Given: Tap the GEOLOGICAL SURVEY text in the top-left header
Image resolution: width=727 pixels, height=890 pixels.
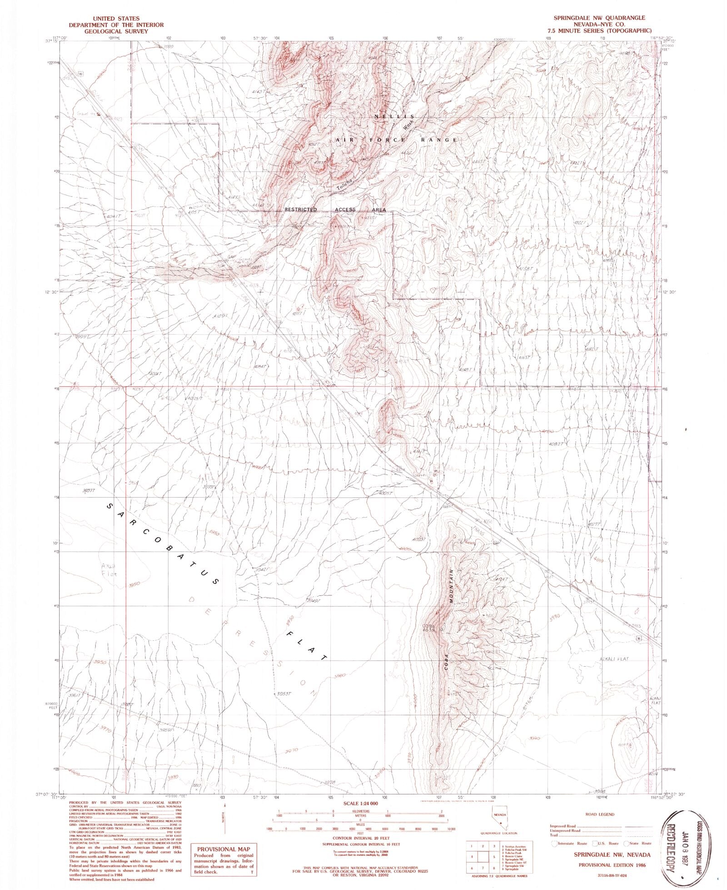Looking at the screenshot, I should (108, 31).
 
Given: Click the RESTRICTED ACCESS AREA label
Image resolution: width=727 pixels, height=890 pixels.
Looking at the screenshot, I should (335, 210).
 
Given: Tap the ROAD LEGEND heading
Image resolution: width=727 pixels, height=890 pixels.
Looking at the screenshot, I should (601, 815).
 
